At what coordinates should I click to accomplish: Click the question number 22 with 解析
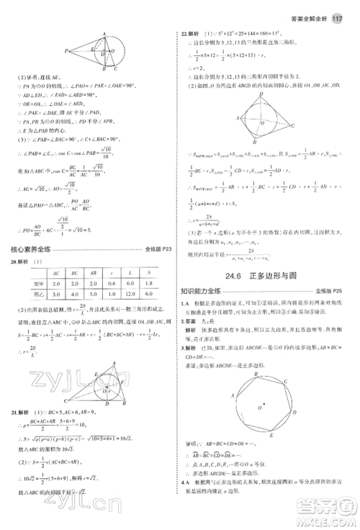click(x=191, y=33)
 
